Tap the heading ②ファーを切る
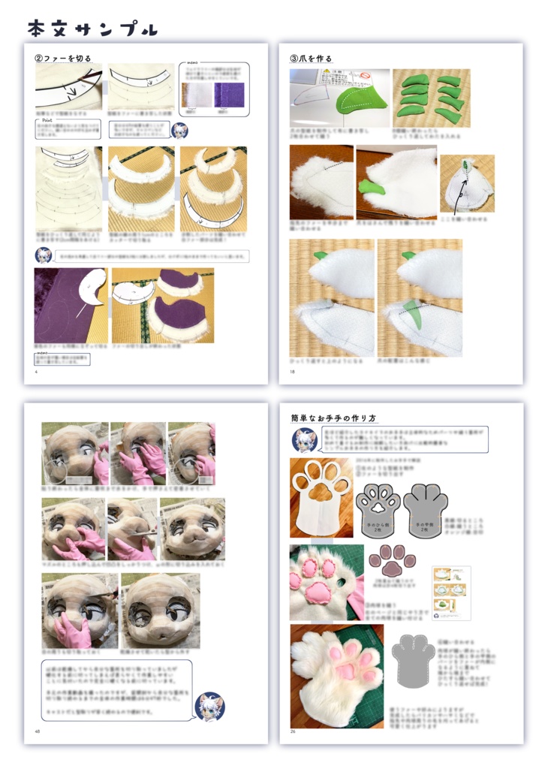[63, 58]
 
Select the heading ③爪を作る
[311, 58]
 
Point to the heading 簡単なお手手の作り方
[333, 418]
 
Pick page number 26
[293, 731]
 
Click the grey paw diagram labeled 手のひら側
[380, 510]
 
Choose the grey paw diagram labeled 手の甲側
[425, 510]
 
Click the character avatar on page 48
[209, 707]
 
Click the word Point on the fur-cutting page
[47, 119]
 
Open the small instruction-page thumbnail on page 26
[451, 593]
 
